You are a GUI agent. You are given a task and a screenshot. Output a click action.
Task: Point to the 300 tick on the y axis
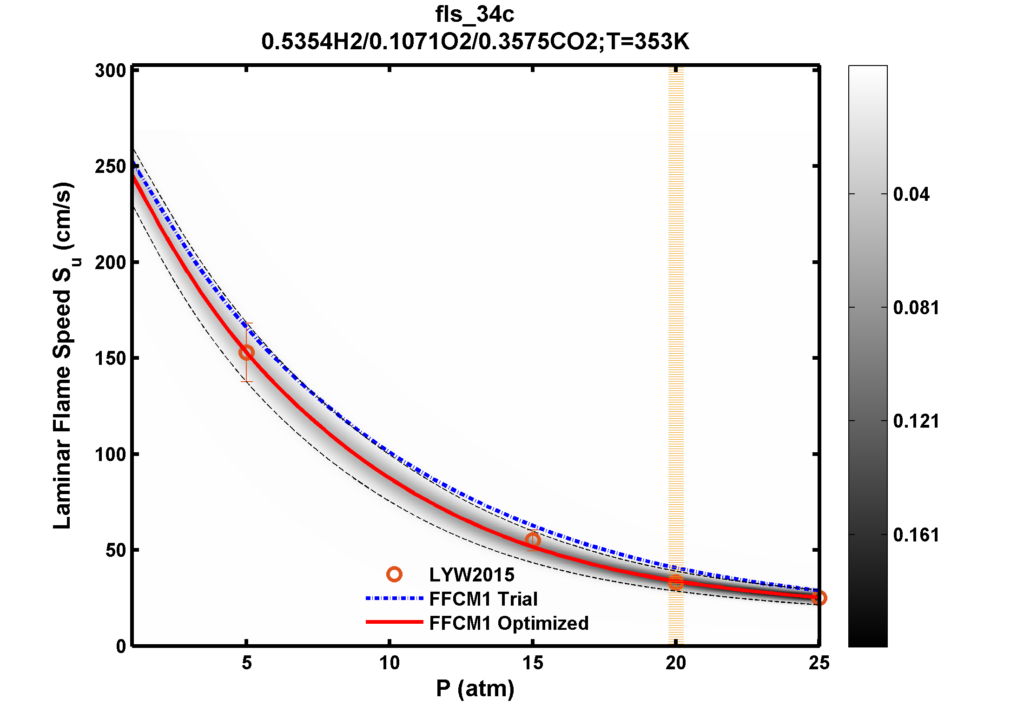click(111, 71)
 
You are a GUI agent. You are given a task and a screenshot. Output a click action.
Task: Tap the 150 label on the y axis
click(111, 358)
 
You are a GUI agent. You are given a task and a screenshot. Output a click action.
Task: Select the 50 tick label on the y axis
click(116, 550)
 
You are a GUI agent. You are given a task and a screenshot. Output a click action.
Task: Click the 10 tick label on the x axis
click(389, 663)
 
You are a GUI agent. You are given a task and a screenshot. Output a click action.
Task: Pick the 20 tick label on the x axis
click(675, 663)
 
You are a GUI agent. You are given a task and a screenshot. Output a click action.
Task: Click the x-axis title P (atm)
click(475, 688)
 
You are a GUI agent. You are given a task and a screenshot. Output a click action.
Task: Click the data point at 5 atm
click(246, 353)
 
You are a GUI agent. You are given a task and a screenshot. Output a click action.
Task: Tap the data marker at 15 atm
click(533, 540)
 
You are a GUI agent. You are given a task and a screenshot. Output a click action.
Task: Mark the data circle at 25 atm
click(819, 598)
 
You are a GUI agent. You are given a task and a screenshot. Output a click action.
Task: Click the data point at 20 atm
click(676, 582)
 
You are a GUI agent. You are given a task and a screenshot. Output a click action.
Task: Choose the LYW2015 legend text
click(471, 575)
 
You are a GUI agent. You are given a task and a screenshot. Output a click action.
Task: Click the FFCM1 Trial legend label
click(483, 599)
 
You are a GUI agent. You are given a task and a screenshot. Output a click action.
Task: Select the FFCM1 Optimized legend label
click(509, 623)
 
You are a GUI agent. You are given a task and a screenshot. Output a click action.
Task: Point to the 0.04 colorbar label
click(911, 194)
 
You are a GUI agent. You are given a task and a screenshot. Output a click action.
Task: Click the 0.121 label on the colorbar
click(916, 421)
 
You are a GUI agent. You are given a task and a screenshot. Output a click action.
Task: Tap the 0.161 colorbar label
click(916, 535)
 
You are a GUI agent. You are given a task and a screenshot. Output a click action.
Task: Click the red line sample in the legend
click(394, 622)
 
